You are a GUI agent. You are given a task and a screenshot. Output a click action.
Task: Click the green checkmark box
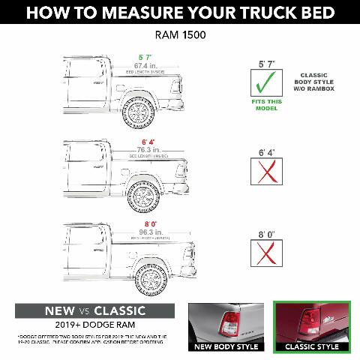tap(266, 81)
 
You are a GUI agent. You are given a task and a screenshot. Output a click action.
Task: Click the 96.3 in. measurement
tap(150, 232)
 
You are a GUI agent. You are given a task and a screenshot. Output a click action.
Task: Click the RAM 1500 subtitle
tap(179, 34)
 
